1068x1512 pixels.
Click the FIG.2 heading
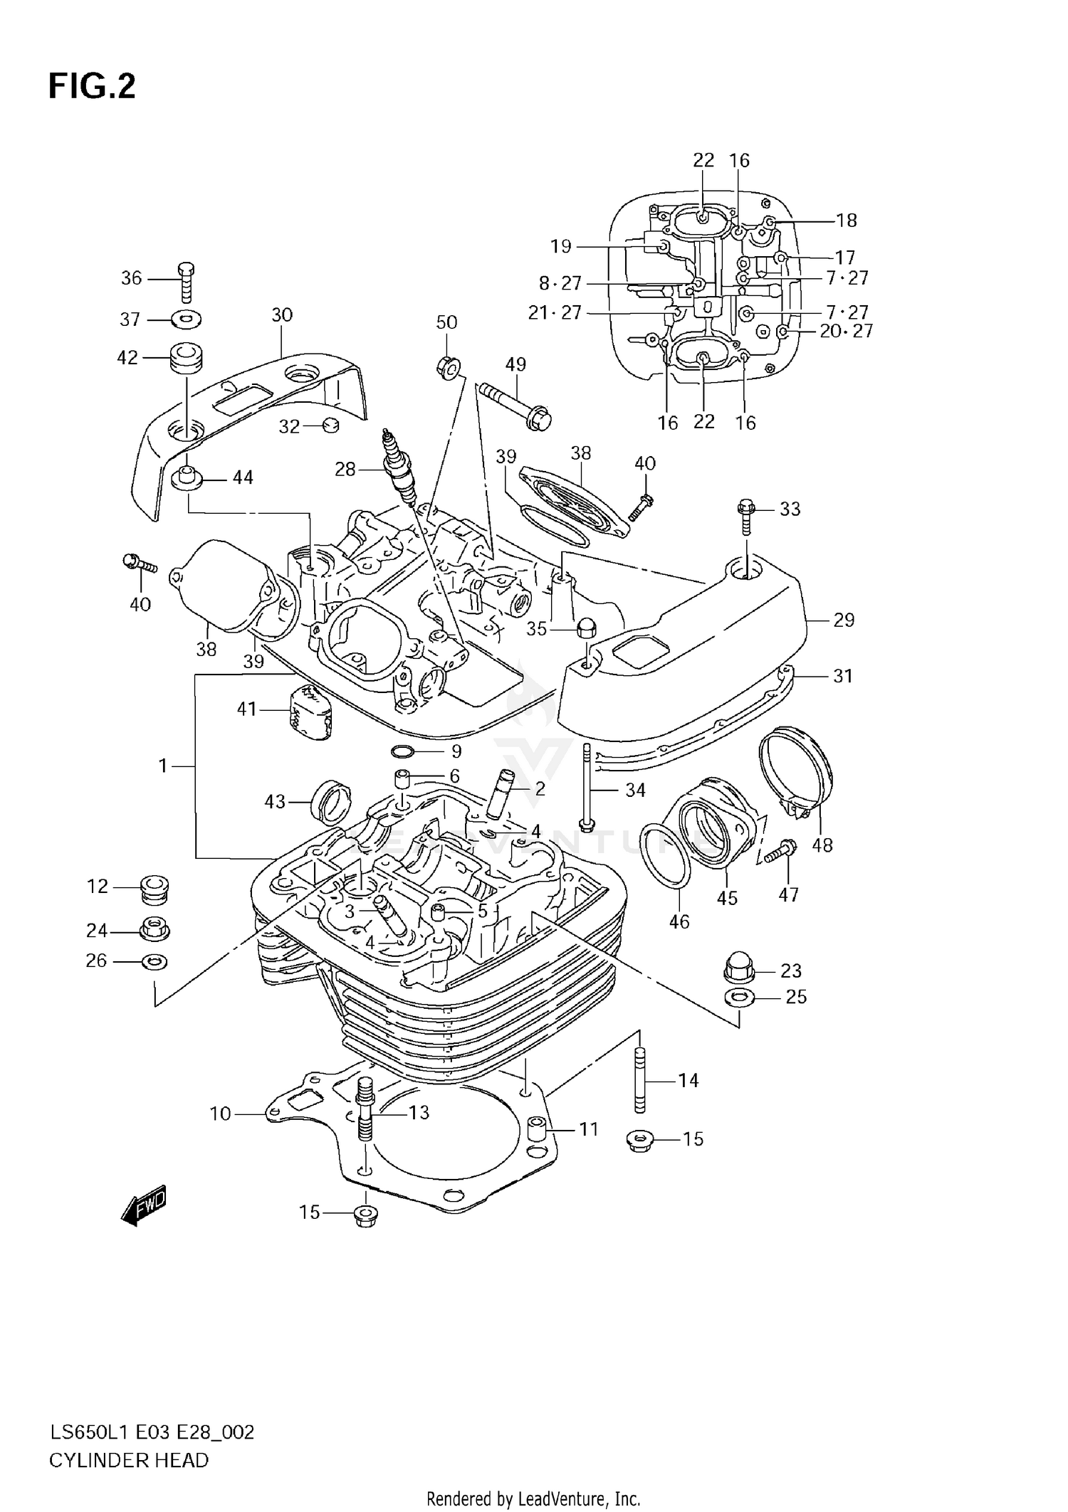coord(92,87)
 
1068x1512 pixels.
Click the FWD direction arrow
coord(145,1205)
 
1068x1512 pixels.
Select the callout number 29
coord(844,620)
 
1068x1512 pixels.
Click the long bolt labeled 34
coord(587,786)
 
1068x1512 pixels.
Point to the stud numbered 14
coord(640,1082)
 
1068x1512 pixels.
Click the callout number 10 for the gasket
coord(221,1114)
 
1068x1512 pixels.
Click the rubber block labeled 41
coord(309,713)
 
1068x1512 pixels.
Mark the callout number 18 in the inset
coord(846,221)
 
